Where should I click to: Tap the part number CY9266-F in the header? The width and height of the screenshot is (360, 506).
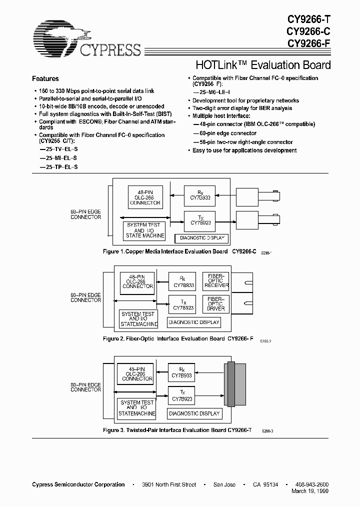coord(308,43)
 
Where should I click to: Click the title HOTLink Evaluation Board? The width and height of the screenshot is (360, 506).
coord(261,65)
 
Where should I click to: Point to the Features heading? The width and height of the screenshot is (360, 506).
coord(45,78)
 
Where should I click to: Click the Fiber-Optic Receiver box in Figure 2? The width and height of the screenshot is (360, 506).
coord(215,281)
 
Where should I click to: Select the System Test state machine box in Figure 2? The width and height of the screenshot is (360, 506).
coord(138,318)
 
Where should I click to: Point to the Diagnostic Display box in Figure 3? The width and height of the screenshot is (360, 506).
coord(194,413)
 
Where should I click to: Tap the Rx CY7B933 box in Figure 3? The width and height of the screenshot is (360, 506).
coord(181,372)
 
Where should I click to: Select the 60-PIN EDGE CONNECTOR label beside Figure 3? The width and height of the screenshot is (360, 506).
coord(85,386)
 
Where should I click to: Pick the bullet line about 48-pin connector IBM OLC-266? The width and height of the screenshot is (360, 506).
coord(254,123)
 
